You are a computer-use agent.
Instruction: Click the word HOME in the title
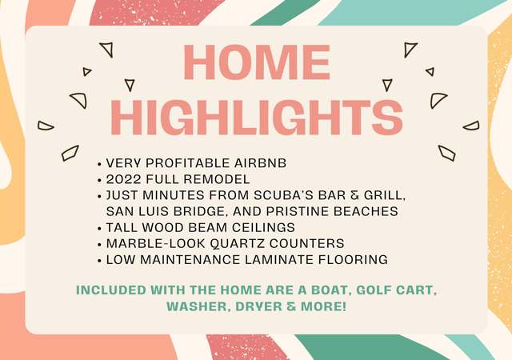257,62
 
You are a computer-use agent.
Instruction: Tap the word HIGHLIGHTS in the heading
257,118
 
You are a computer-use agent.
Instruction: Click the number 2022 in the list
124,179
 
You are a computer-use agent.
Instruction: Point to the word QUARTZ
237,243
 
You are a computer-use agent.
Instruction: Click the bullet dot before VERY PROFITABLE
99,164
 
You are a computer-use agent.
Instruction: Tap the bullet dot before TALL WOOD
99,229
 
